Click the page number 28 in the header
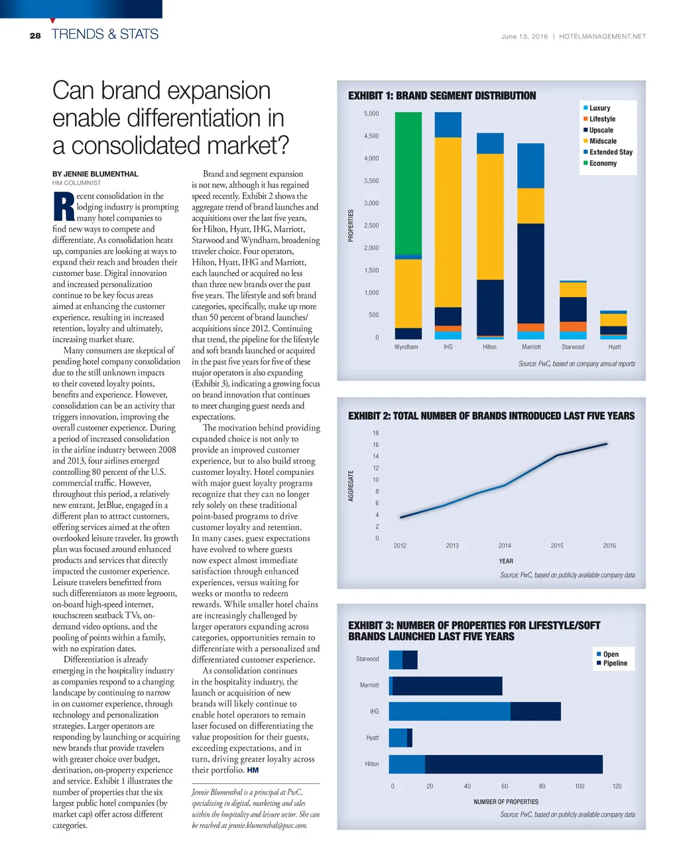pos(35,36)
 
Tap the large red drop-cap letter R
pos(64,207)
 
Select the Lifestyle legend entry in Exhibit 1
pos(602,119)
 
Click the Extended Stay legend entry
pos(610,153)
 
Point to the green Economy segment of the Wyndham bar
pos(408,182)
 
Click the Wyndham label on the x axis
pos(406,347)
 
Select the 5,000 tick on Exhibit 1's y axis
pos(371,114)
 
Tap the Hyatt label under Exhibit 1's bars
pos(615,347)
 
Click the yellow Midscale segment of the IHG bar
pos(448,222)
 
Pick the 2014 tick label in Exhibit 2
pos(505,546)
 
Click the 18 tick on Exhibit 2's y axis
pos(375,433)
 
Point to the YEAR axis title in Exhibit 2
pos(506,561)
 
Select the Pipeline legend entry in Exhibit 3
pos(615,663)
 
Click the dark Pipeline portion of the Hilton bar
pos(514,764)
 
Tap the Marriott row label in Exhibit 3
pos(369,685)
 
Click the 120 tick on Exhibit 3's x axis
pos(617,787)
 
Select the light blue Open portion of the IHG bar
pos(450,711)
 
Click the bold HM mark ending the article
pos(253,770)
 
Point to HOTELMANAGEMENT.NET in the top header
pos(602,37)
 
